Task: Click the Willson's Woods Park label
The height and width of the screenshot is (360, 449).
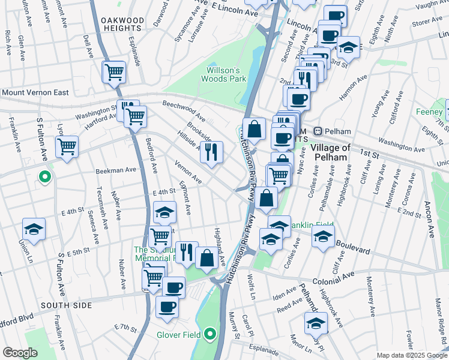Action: pos(223,73)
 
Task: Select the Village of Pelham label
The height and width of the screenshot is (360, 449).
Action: pos(329,152)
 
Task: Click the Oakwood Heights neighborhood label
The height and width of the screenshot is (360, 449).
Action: pos(122,25)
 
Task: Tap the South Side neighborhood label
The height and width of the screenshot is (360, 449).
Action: pos(67,305)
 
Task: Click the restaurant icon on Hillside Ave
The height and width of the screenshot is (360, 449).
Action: pos(211,152)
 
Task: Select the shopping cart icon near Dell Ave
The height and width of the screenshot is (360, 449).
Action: pos(114,72)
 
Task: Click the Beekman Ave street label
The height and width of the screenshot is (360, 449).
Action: pos(116,170)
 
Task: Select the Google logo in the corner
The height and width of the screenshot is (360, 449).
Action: pos(20,353)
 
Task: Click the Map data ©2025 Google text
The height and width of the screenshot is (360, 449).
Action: pos(411,355)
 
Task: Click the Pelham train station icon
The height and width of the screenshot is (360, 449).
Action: pos(319,131)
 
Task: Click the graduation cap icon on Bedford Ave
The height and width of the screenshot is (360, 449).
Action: pos(164,212)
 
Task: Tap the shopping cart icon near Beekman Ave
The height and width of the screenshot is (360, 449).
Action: pos(67,146)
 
